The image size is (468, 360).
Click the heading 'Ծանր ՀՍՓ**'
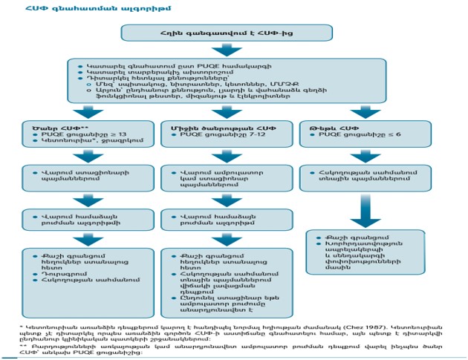pos(47,128)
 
